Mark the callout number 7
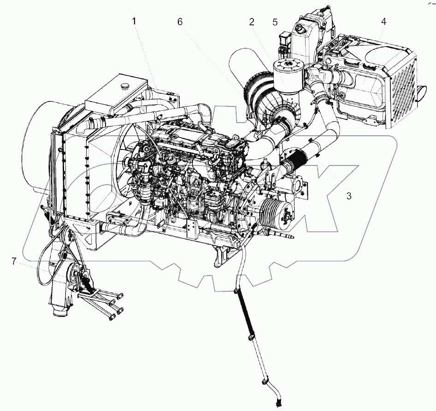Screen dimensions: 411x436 click(x=14, y=262)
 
